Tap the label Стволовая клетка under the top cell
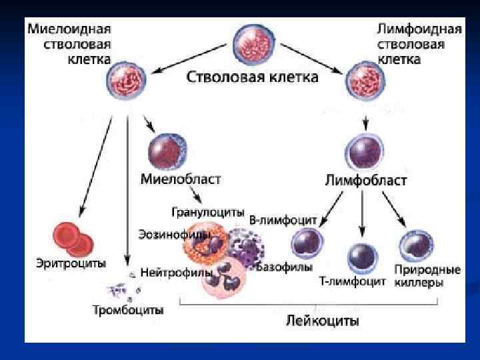point(252,78)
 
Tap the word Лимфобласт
point(366,181)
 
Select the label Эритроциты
point(71,263)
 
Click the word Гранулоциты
point(207,212)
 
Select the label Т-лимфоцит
point(352,281)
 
